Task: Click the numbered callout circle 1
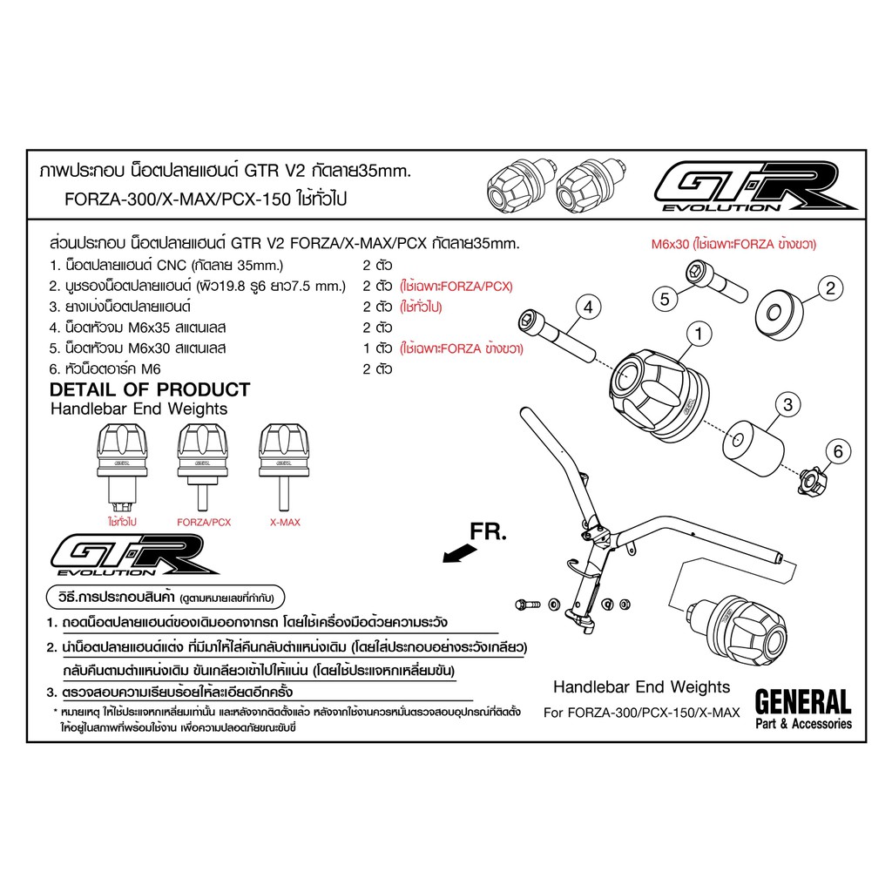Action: click(x=699, y=334)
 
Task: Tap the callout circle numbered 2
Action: click(x=830, y=287)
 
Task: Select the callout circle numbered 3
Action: click(x=787, y=404)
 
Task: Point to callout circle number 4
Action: click(x=588, y=307)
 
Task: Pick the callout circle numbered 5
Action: click(x=665, y=299)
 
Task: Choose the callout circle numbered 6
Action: click(x=838, y=452)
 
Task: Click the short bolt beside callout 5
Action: click(x=716, y=281)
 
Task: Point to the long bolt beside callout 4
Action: click(x=557, y=335)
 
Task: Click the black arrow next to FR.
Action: click(x=460, y=553)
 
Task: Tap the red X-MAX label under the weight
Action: click(x=285, y=523)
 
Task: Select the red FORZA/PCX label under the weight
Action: click(x=204, y=523)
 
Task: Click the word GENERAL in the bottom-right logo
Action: click(x=802, y=702)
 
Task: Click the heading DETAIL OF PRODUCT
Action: click(x=150, y=389)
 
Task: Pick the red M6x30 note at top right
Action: click(x=733, y=244)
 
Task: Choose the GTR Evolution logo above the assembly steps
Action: click(x=135, y=555)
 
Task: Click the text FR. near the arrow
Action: click(x=488, y=531)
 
